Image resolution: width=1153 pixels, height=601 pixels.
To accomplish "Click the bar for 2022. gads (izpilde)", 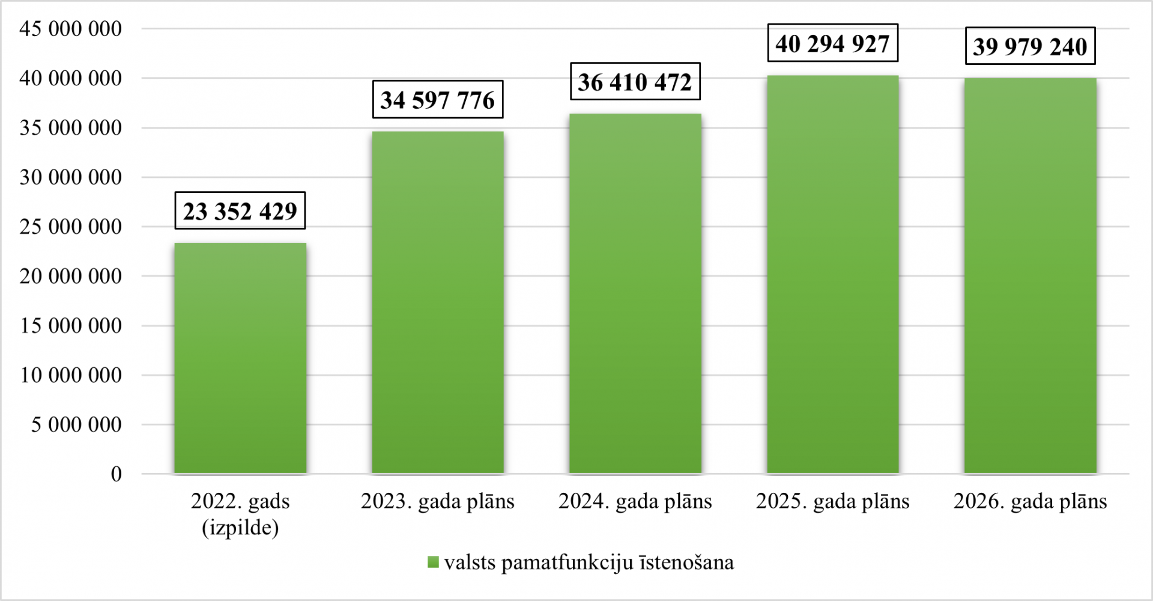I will click(240, 358).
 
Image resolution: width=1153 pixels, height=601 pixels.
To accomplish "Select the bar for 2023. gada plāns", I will click(438, 302).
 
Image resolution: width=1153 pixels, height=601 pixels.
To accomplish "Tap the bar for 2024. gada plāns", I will click(635, 293).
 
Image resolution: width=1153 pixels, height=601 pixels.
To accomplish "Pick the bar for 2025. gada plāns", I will click(832, 274).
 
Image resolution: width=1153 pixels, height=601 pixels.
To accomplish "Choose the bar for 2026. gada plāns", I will click(1030, 276).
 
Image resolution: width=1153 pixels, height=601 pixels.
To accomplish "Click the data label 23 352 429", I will click(240, 211).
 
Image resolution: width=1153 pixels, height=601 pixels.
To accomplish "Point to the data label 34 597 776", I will click(438, 100).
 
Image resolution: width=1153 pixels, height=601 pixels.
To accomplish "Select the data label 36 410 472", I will click(635, 82).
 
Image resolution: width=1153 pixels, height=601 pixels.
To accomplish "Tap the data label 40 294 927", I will click(832, 43).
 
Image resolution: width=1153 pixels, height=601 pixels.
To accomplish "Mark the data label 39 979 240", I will click(1030, 46).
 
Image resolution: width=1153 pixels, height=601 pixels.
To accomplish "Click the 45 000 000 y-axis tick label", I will click(71, 29).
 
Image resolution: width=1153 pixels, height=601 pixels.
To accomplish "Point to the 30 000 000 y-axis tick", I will click(71, 177).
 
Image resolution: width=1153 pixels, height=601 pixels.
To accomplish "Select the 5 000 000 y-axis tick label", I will click(76, 425).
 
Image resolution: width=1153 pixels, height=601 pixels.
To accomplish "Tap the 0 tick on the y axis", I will click(117, 474).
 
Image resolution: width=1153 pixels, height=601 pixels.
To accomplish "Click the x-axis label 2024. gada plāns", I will click(635, 501).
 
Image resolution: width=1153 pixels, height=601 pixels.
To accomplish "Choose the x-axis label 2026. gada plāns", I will click(1030, 501).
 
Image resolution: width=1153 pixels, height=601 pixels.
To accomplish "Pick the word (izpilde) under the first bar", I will click(240, 528).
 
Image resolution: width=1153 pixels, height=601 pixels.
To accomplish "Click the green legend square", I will click(433, 563).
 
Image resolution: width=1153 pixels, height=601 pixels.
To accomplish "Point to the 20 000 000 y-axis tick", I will click(71, 276).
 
